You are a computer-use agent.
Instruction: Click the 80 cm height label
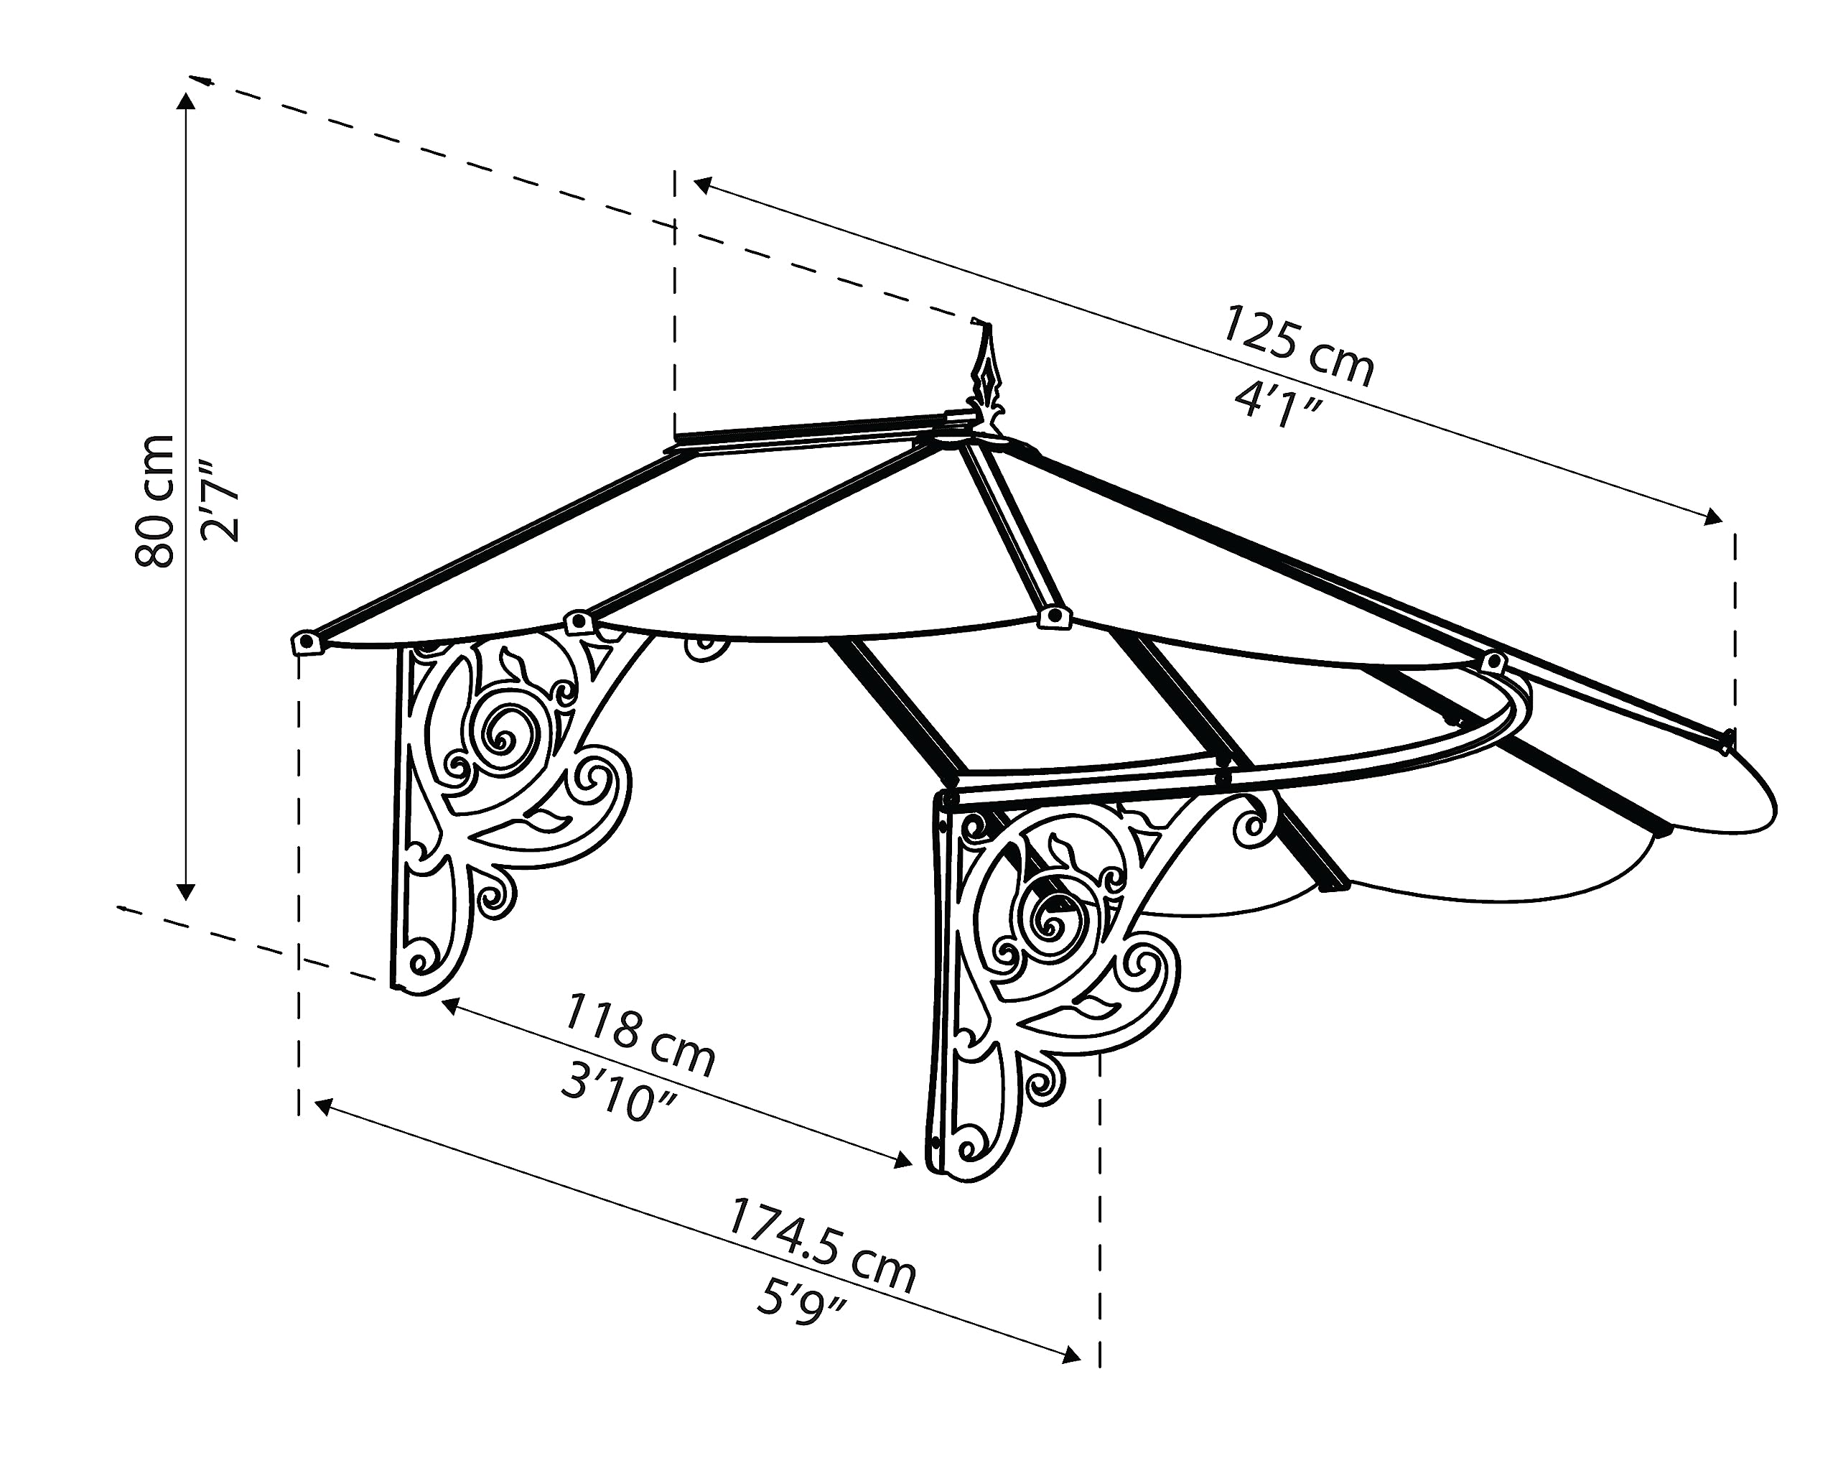pyautogui.click(x=155, y=501)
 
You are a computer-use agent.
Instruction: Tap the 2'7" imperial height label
pyautogui.click(x=220, y=501)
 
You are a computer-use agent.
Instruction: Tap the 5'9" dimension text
pyautogui.click(x=801, y=1301)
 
